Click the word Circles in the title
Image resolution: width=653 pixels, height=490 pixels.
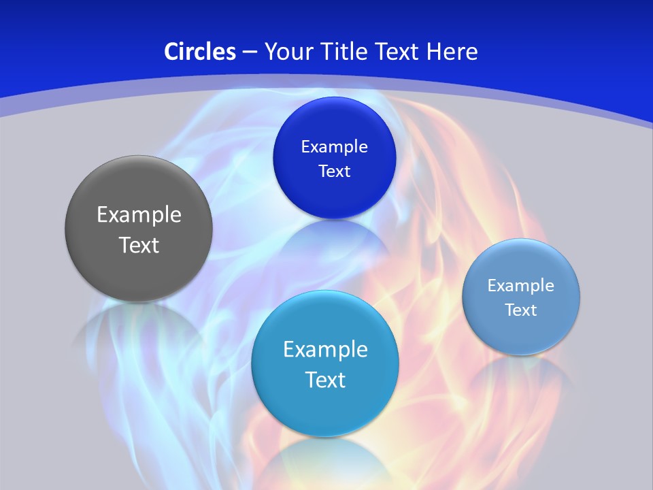coord(200,52)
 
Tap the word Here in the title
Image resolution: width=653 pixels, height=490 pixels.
coord(452,52)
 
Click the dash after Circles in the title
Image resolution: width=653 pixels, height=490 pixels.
coord(249,52)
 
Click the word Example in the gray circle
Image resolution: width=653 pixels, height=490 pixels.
coord(139,215)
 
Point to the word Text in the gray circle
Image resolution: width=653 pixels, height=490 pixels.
coord(139,245)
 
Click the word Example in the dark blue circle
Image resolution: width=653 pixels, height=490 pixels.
coord(334,147)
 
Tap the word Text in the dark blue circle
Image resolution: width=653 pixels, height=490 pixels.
coord(334,171)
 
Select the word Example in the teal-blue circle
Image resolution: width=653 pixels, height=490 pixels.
coord(325,350)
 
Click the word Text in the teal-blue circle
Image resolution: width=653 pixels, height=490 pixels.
coord(325,380)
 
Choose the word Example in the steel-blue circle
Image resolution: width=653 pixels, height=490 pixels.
coord(521,286)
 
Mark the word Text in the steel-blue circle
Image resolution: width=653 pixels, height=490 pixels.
coord(521,310)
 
